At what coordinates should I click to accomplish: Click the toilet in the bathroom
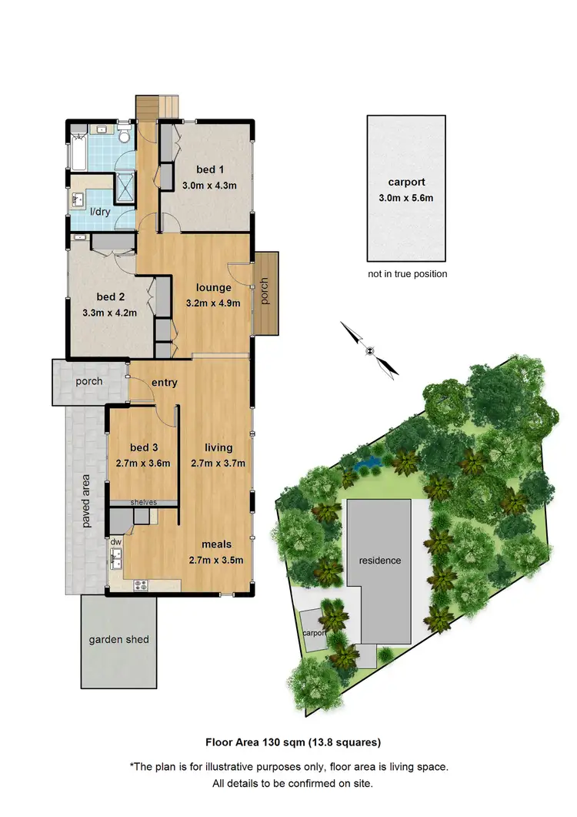coord(125,137)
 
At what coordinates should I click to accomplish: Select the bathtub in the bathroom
coord(76,151)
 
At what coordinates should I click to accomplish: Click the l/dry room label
coord(99,212)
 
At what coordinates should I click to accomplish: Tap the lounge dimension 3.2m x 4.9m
coord(213,303)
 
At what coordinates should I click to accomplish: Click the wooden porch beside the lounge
coord(267,293)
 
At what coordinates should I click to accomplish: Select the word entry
coord(165,383)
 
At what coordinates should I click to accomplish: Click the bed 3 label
coord(143,448)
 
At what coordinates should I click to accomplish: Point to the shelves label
coord(144,502)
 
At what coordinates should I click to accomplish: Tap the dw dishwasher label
coord(116,542)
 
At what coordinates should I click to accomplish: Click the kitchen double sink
coord(116,561)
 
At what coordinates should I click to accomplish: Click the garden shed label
coord(118,640)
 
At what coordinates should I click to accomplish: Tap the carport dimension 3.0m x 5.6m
coord(406,198)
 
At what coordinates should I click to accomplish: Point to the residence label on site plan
coord(381,561)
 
